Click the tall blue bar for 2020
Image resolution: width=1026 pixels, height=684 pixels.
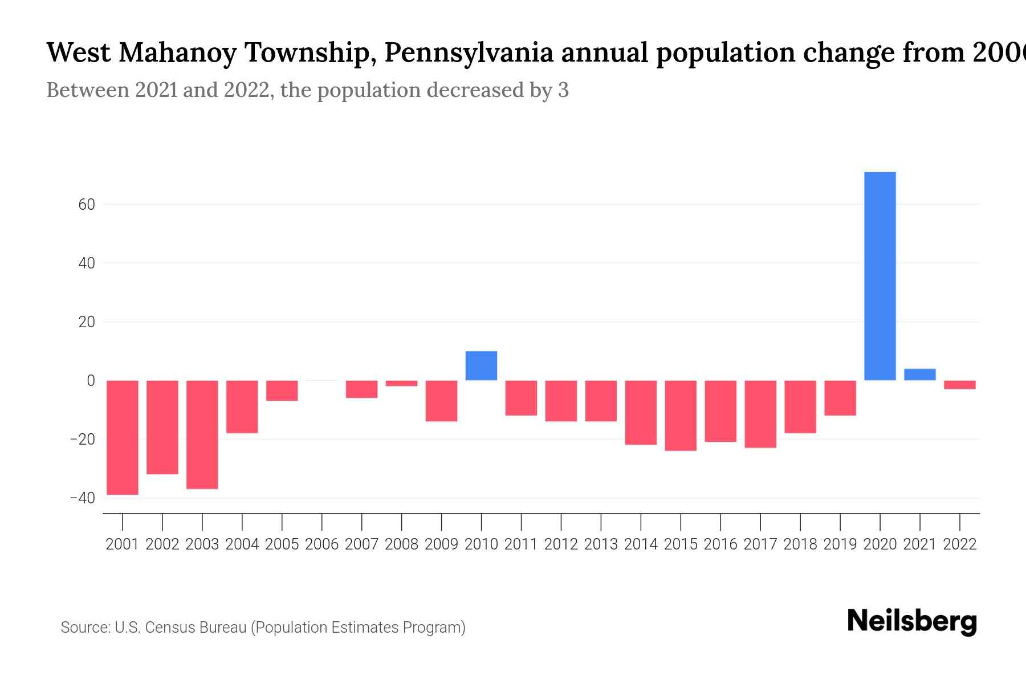tap(880, 276)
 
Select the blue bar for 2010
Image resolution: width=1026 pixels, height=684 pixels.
tap(481, 366)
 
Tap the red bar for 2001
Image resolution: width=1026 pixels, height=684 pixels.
tap(123, 437)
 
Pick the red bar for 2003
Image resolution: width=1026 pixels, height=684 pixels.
tap(202, 434)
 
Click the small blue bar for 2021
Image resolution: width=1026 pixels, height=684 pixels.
tap(919, 374)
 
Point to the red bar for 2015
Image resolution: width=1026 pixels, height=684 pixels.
tap(681, 416)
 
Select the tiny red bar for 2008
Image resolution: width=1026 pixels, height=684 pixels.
tap(401, 384)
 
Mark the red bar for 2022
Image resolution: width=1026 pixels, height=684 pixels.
tap(959, 385)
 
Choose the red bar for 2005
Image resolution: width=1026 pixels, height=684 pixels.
tap(282, 390)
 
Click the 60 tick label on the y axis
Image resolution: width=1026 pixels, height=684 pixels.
tap(87, 204)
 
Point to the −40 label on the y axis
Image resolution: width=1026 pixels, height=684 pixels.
tap(83, 498)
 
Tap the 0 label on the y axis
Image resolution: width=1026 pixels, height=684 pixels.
tap(91, 381)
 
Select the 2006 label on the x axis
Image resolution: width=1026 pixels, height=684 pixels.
tap(322, 544)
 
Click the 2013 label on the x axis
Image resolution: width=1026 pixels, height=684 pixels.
tap(601, 544)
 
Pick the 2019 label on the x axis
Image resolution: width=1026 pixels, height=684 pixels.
tap(840, 544)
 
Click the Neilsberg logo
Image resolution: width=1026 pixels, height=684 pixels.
tap(912, 621)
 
